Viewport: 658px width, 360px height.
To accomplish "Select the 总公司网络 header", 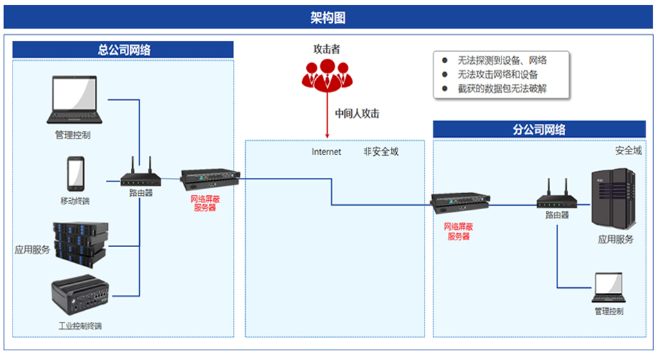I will pyautogui.click(x=124, y=50).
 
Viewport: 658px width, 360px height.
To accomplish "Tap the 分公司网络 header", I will pyautogui.click(x=539, y=129).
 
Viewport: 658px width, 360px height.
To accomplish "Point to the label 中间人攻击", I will pyautogui.click(x=357, y=114).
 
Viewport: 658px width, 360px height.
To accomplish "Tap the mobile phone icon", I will pyautogui.click(x=75, y=174).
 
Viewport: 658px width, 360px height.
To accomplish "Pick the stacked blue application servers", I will pyautogui.click(x=81, y=242).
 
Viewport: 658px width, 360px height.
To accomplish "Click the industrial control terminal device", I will pyautogui.click(x=79, y=298).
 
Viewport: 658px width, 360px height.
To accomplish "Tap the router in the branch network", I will pyautogui.click(x=556, y=197).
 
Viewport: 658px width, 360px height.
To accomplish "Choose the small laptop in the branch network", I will pyautogui.click(x=609, y=288).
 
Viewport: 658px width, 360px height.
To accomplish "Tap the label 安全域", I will pyautogui.click(x=628, y=150).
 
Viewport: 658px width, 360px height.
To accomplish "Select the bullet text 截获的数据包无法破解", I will pyautogui.click(x=497, y=89).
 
